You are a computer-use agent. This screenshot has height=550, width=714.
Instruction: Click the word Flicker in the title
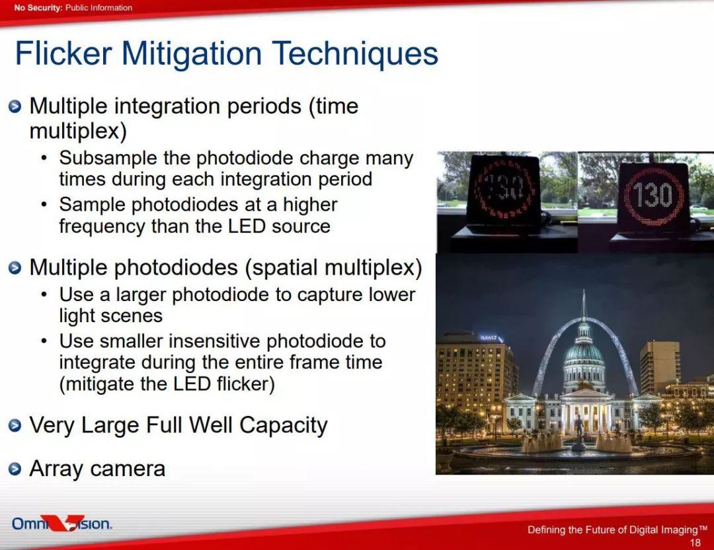(x=63, y=53)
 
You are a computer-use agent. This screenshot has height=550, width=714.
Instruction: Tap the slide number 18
(x=695, y=542)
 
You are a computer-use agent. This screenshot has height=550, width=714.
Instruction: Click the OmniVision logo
(x=62, y=523)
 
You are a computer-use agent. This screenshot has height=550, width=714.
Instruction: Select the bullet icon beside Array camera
(x=15, y=469)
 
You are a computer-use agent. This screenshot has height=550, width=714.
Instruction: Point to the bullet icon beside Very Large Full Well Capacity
(x=15, y=425)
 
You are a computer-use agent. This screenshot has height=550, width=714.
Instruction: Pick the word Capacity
(x=283, y=426)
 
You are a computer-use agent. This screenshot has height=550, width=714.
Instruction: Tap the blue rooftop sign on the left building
(x=490, y=337)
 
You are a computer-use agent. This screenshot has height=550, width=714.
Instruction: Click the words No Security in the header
(x=38, y=8)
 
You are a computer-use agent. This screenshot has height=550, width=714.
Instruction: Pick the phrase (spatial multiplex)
(x=334, y=267)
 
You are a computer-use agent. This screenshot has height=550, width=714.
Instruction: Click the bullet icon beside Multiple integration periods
(x=15, y=106)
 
